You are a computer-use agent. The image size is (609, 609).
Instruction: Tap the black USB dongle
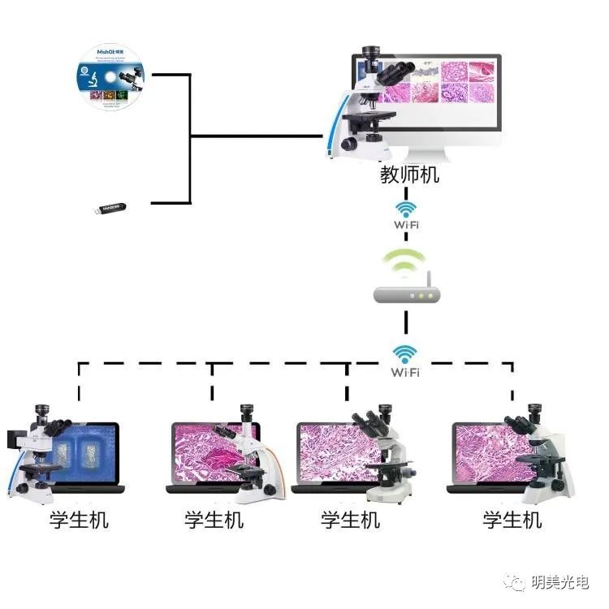112,209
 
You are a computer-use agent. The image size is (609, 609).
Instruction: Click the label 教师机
410,175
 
